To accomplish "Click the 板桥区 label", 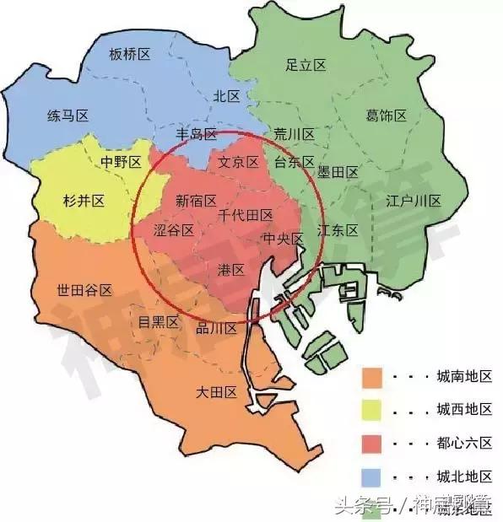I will tap(129, 54).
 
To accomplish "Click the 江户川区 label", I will tap(414, 200).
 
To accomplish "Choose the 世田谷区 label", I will tap(84, 289).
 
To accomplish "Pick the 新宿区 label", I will tap(196, 201).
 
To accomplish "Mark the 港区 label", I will tap(230, 270).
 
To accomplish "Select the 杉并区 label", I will tap(83, 200).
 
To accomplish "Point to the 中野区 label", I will tap(121, 161).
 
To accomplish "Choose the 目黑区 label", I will tap(159, 321).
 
